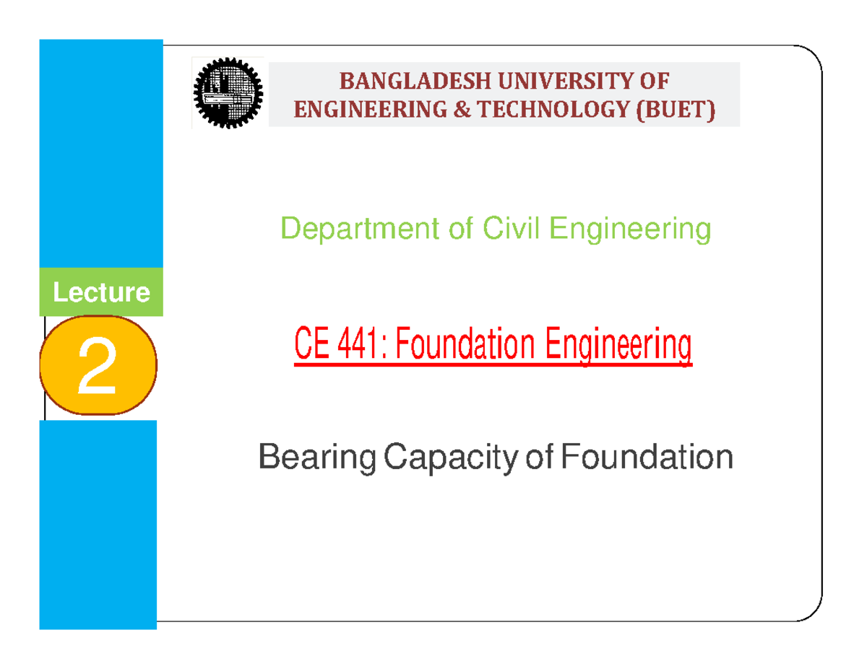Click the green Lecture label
101,293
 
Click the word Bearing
317,458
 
